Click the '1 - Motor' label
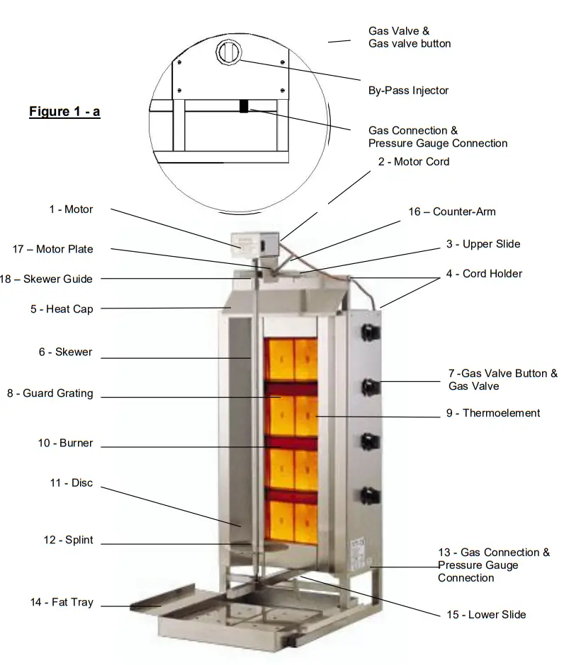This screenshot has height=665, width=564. (71, 209)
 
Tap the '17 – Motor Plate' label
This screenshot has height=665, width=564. (52, 249)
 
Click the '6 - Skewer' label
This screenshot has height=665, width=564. (65, 352)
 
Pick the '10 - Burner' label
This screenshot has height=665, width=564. (65, 444)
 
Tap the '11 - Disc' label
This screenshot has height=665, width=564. (71, 483)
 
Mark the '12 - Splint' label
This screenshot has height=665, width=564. (68, 540)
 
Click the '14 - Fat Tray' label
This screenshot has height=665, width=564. (61, 603)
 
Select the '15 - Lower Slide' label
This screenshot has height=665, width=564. (486, 615)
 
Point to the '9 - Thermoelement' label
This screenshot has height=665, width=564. (493, 413)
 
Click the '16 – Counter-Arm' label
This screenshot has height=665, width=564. (452, 212)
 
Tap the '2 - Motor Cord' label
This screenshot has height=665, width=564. (414, 161)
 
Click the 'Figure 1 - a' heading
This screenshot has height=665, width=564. (64, 112)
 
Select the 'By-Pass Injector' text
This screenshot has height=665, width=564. (408, 91)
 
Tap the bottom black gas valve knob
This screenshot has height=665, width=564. (370, 494)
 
